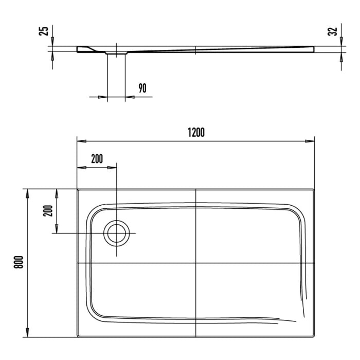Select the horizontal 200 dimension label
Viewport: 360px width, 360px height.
97,158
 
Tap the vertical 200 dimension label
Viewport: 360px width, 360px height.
47,211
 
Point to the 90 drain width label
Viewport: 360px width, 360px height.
142,88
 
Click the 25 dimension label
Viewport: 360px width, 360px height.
45,31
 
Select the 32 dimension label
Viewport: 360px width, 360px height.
335,31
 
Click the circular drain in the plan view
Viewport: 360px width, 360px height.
117,233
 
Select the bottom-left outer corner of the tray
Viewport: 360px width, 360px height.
78,337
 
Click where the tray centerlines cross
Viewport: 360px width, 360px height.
196,263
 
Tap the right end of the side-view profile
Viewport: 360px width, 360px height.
313,49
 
